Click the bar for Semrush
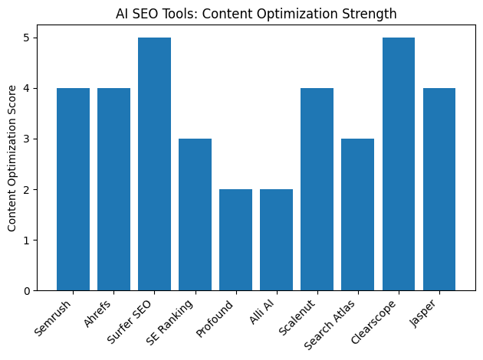coord(73,189)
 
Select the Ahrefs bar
coord(113,189)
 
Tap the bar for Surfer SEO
coord(154,164)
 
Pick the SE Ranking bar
coord(195,214)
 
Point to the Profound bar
coord(235,240)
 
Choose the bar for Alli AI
coord(276,240)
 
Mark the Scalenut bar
coord(317,189)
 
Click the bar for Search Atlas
coord(357,214)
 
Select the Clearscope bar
coord(398,164)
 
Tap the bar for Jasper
coord(439,189)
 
